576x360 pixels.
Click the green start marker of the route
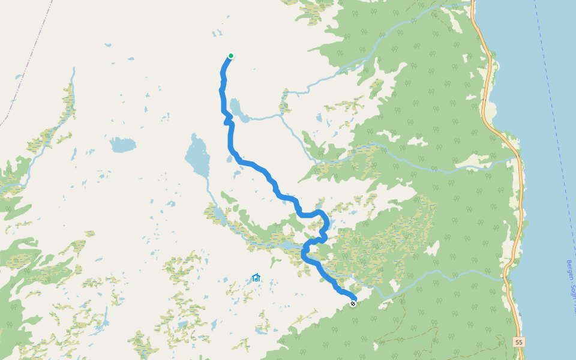[x=230, y=56]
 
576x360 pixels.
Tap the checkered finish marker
[x=353, y=304]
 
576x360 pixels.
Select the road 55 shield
[x=519, y=342]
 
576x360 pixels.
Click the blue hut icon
[x=256, y=278]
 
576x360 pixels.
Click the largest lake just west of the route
[x=197, y=157]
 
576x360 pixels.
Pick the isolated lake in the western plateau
[x=122, y=145]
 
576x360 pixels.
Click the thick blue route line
[x=252, y=164]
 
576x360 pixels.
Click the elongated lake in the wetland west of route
[x=282, y=246]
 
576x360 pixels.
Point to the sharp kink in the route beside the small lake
[x=227, y=121]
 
